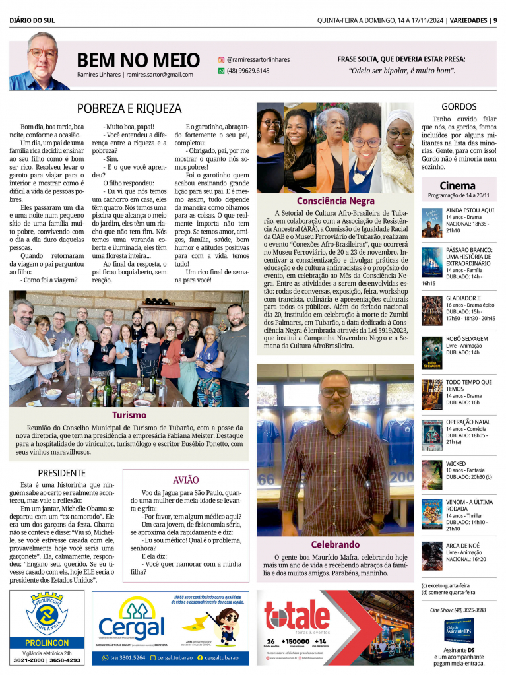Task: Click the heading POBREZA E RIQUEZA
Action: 129,108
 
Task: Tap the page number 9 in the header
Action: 494,20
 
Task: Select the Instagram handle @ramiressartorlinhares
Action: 258,59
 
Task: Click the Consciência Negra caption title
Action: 335,200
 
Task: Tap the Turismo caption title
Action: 129,415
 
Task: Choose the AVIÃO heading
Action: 185,480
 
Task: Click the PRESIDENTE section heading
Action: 61,473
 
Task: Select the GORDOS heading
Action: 459,106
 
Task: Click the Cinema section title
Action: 457,185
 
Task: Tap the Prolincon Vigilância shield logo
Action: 47,614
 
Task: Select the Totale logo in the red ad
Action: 297,617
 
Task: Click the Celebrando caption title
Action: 335,544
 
